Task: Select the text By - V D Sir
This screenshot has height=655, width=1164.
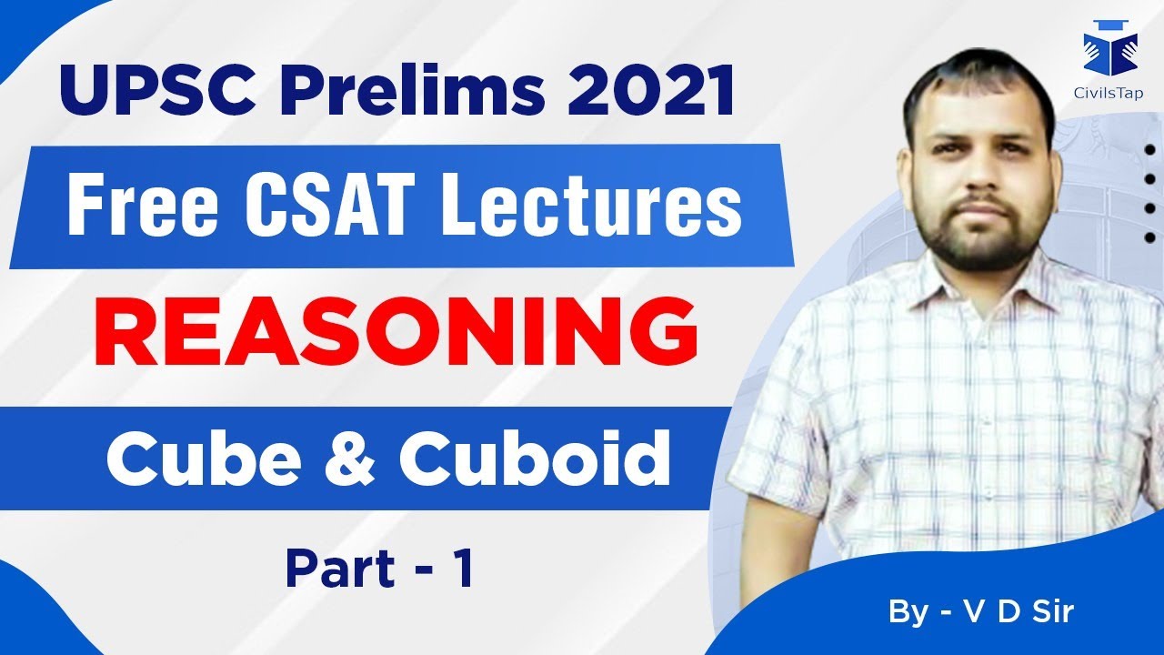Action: click(981, 611)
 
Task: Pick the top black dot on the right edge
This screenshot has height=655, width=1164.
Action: click(1151, 150)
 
